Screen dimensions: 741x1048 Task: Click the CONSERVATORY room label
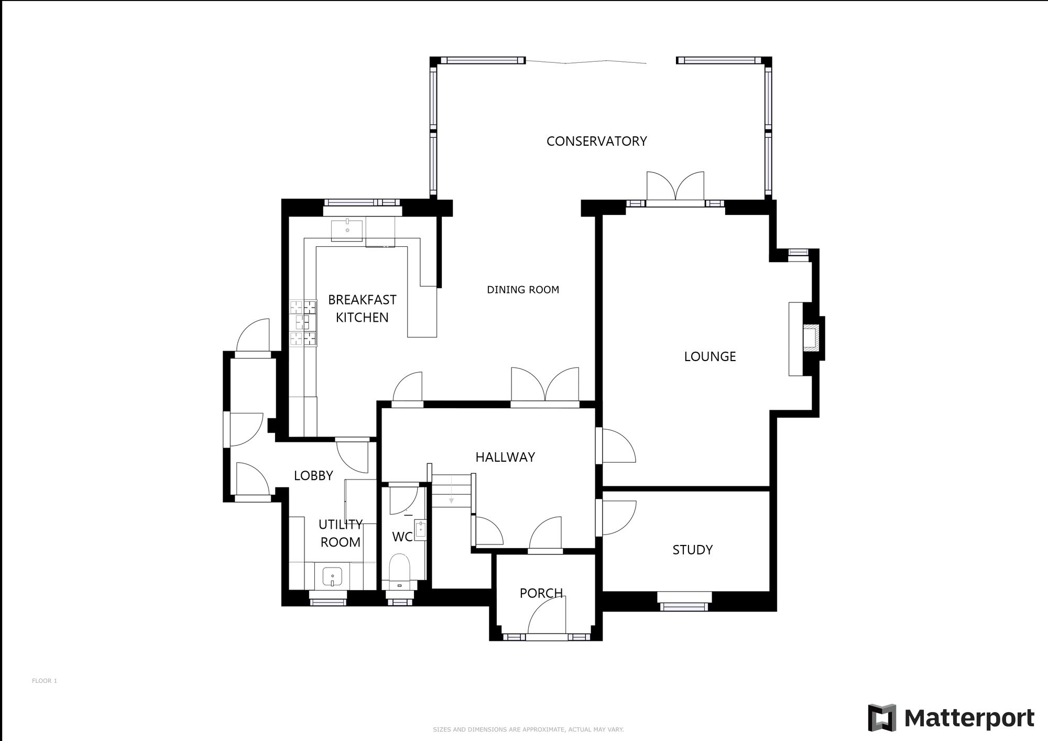click(596, 141)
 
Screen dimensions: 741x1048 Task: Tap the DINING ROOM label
click(522, 290)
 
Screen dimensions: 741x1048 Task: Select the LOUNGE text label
click(709, 357)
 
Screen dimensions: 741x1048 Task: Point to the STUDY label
click(692, 550)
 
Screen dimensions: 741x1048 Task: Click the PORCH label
click(541, 593)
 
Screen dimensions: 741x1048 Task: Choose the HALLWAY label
click(505, 457)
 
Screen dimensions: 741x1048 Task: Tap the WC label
click(402, 537)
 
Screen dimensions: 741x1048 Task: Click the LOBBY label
click(313, 475)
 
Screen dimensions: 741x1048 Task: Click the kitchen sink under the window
click(347, 230)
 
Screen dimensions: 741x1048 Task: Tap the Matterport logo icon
click(882, 717)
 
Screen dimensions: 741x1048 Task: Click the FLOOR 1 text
click(44, 681)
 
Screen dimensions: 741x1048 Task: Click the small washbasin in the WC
click(421, 530)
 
